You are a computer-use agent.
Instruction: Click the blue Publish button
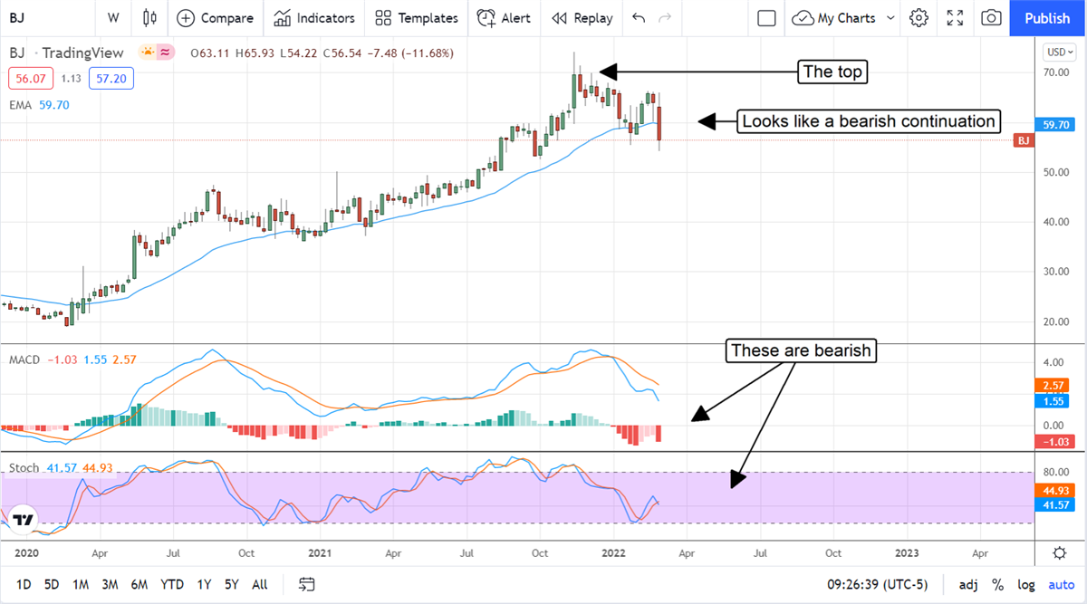pyautogui.click(x=1047, y=18)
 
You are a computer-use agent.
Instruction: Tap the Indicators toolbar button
pyautogui.click(x=314, y=18)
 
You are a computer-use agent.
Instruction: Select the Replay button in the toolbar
pyautogui.click(x=582, y=18)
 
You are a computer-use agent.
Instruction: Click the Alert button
pyautogui.click(x=505, y=18)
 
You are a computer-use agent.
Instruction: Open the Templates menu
pyautogui.click(x=417, y=18)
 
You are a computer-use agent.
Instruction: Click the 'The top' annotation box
pyautogui.click(x=832, y=72)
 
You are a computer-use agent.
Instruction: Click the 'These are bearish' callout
pyautogui.click(x=802, y=350)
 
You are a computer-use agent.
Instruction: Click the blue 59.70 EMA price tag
pyautogui.click(x=1058, y=126)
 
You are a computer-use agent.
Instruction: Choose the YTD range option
pyautogui.click(x=171, y=584)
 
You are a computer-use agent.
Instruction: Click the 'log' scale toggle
pyautogui.click(x=1025, y=584)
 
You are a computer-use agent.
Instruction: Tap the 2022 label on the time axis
pyautogui.click(x=614, y=552)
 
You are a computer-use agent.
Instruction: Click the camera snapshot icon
pyautogui.click(x=992, y=18)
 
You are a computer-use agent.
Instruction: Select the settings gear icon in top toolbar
pyautogui.click(x=919, y=18)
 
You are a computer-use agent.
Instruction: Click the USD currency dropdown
pyautogui.click(x=1059, y=52)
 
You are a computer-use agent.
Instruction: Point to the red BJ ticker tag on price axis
pyautogui.click(x=1024, y=140)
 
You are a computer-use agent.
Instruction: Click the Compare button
pyautogui.click(x=216, y=18)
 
